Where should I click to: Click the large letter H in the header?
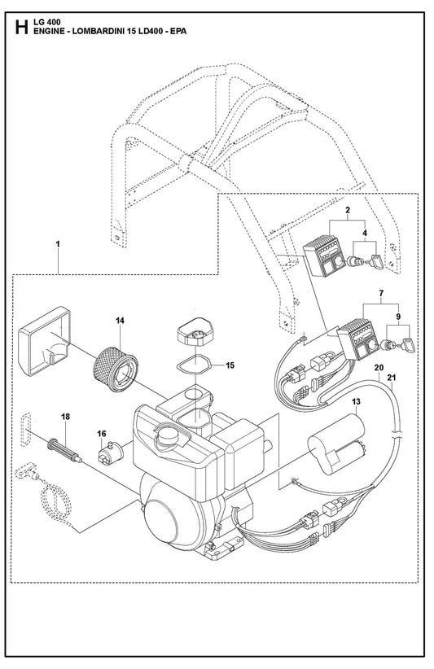click(x=21, y=26)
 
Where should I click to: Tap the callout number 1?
click(x=58, y=243)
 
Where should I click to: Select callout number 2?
click(x=348, y=209)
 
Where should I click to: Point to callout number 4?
click(x=365, y=233)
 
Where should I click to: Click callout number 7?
click(x=381, y=293)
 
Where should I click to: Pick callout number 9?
click(x=398, y=317)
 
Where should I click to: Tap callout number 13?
click(x=356, y=401)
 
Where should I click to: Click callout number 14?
click(x=121, y=320)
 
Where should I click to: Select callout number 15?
click(x=230, y=365)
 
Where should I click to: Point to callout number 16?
click(x=101, y=434)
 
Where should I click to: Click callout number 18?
click(x=65, y=417)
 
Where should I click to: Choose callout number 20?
click(x=379, y=367)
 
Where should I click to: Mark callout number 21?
click(x=392, y=377)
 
